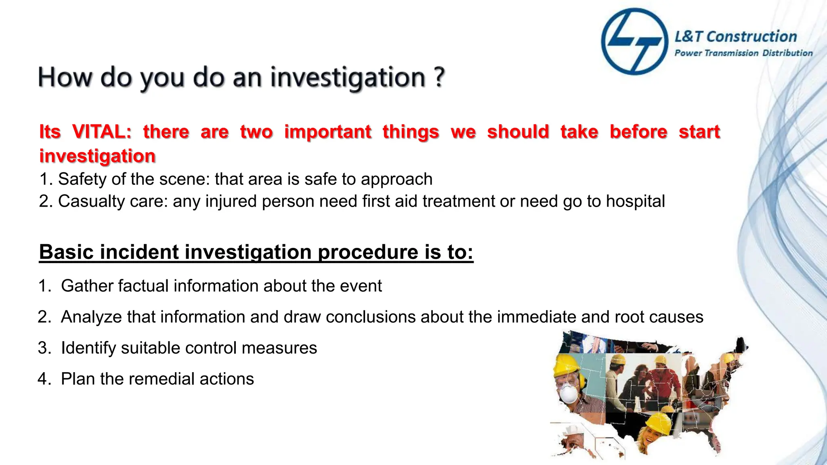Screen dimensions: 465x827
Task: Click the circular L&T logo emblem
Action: click(634, 42)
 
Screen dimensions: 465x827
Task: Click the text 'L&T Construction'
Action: click(736, 37)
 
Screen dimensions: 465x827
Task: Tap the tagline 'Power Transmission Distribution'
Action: click(743, 53)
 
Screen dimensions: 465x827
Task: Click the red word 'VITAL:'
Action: click(102, 132)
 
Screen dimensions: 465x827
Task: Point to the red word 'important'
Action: click(327, 132)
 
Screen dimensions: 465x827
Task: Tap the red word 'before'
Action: click(638, 132)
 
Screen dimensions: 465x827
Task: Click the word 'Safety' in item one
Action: click(82, 179)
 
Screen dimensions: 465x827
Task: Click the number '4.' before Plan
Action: click(44, 379)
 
